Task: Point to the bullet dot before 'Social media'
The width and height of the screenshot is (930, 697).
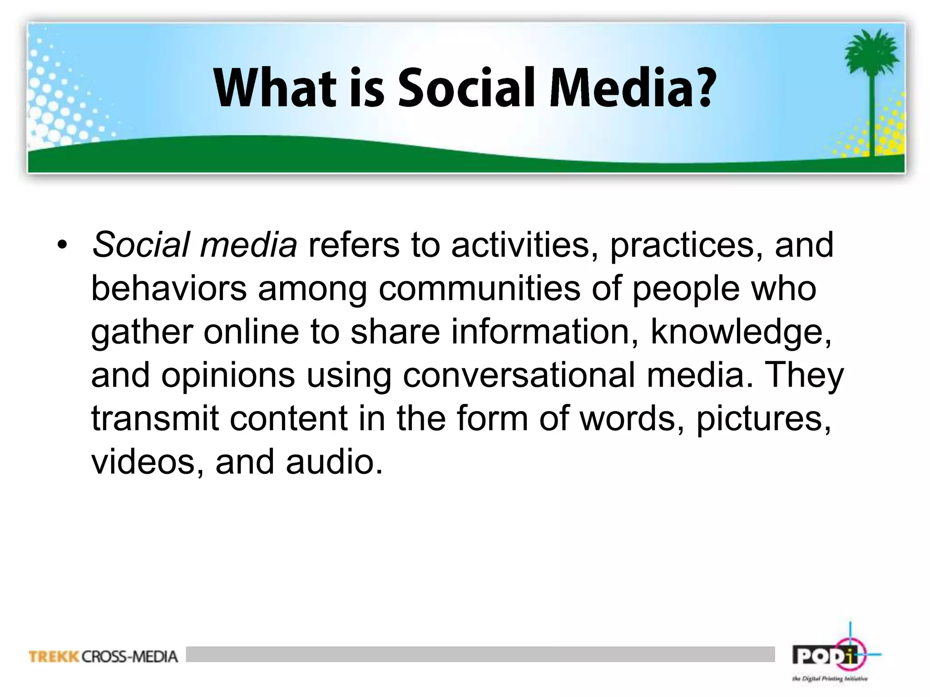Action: click(x=62, y=246)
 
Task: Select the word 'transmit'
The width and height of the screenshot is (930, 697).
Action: click(x=155, y=418)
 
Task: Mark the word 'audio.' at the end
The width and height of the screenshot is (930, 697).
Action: click(x=334, y=462)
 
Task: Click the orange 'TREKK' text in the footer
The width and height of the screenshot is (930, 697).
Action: click(x=54, y=657)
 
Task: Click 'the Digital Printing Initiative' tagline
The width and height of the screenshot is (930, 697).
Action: click(x=830, y=679)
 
